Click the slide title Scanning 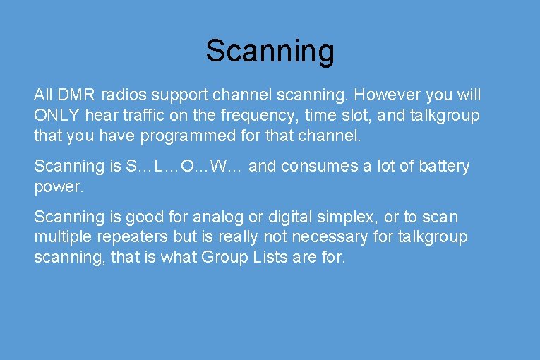tap(270, 51)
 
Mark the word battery tap(443, 167)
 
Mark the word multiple tap(61, 237)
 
